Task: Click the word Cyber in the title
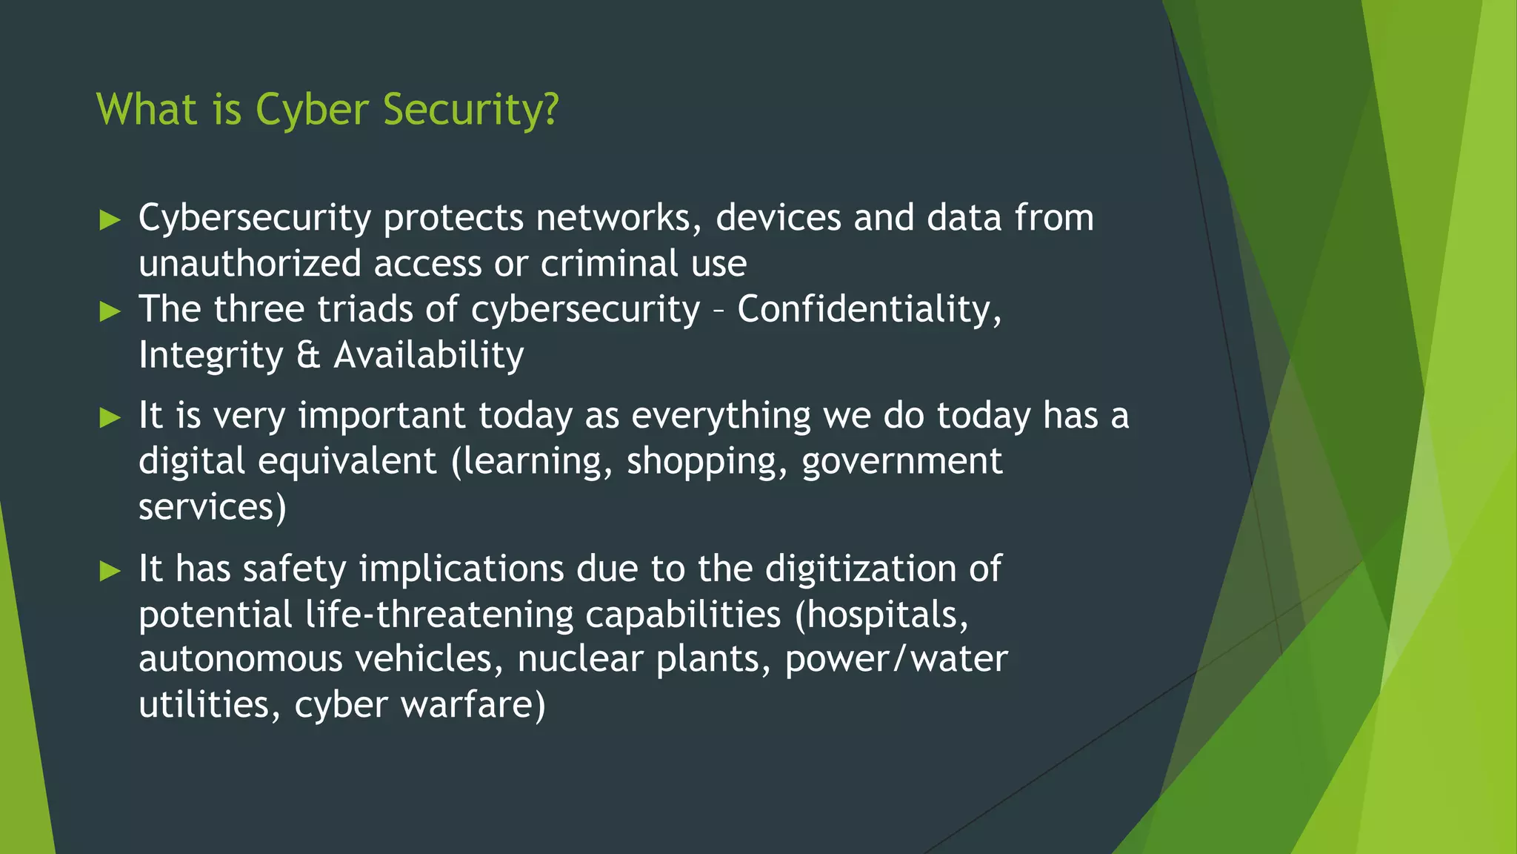[x=312, y=110]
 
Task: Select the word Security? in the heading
[x=470, y=110]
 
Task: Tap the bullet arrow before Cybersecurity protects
[x=110, y=220]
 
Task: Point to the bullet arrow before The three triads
[x=110, y=311]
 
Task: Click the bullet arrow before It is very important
[x=110, y=417]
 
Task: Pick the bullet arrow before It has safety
[x=110, y=571]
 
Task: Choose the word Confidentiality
[x=868, y=309]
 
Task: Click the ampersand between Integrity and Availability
[x=308, y=355]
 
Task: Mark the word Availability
[x=429, y=355]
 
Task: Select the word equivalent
[x=347, y=462]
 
